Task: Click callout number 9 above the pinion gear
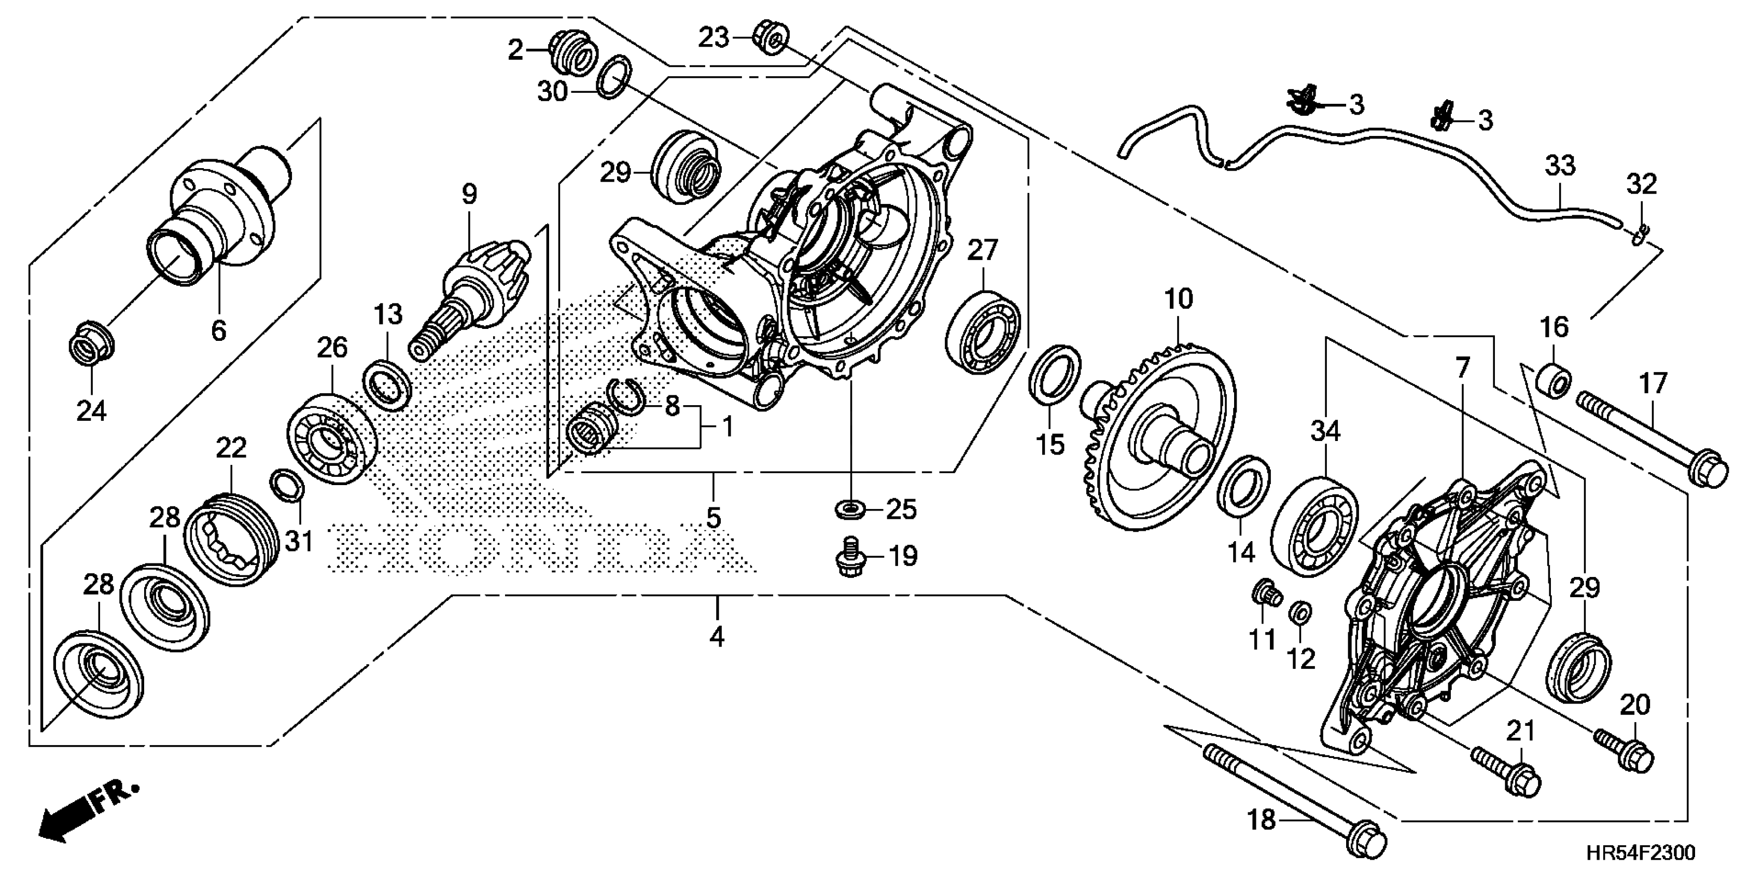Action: [469, 195]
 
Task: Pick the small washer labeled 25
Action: [850, 509]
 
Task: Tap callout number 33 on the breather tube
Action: [1560, 166]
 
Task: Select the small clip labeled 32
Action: [1638, 235]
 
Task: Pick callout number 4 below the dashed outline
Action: [717, 637]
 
